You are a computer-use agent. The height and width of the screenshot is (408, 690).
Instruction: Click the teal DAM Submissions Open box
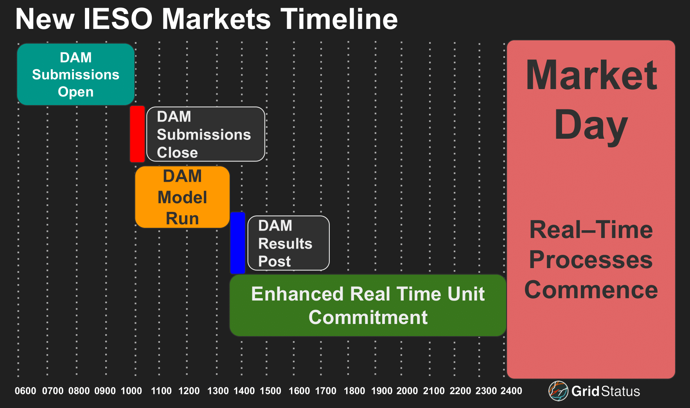[x=76, y=74]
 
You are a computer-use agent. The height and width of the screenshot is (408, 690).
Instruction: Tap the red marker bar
[x=137, y=134]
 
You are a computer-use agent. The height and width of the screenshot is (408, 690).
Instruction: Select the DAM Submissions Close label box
[x=206, y=134]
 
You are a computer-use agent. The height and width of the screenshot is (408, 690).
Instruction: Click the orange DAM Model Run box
[x=182, y=197]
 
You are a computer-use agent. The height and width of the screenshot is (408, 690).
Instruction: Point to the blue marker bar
[x=237, y=243]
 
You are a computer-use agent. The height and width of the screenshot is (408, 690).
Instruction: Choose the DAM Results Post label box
[x=289, y=243]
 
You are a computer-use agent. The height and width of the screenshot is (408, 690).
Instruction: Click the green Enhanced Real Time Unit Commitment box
[x=368, y=305]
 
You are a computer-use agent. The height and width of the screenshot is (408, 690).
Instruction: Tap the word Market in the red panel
[x=591, y=75]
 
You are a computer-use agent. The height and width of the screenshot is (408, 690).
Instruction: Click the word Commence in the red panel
[x=591, y=290]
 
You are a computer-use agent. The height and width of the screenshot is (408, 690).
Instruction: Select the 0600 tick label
[x=25, y=391]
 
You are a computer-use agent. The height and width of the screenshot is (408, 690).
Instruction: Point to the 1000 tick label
[x=131, y=391]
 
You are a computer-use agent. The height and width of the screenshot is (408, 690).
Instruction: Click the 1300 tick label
[x=218, y=391]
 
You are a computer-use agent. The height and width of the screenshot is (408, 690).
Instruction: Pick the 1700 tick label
[x=326, y=391]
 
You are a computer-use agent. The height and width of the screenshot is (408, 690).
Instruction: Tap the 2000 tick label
[x=407, y=391]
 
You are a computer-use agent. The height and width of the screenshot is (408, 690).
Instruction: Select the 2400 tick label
[x=511, y=391]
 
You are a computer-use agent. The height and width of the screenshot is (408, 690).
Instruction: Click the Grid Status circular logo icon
[x=558, y=391]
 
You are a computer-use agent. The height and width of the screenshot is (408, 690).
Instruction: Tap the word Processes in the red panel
[x=591, y=260]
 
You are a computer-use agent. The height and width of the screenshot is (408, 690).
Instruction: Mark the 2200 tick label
[x=460, y=391]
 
